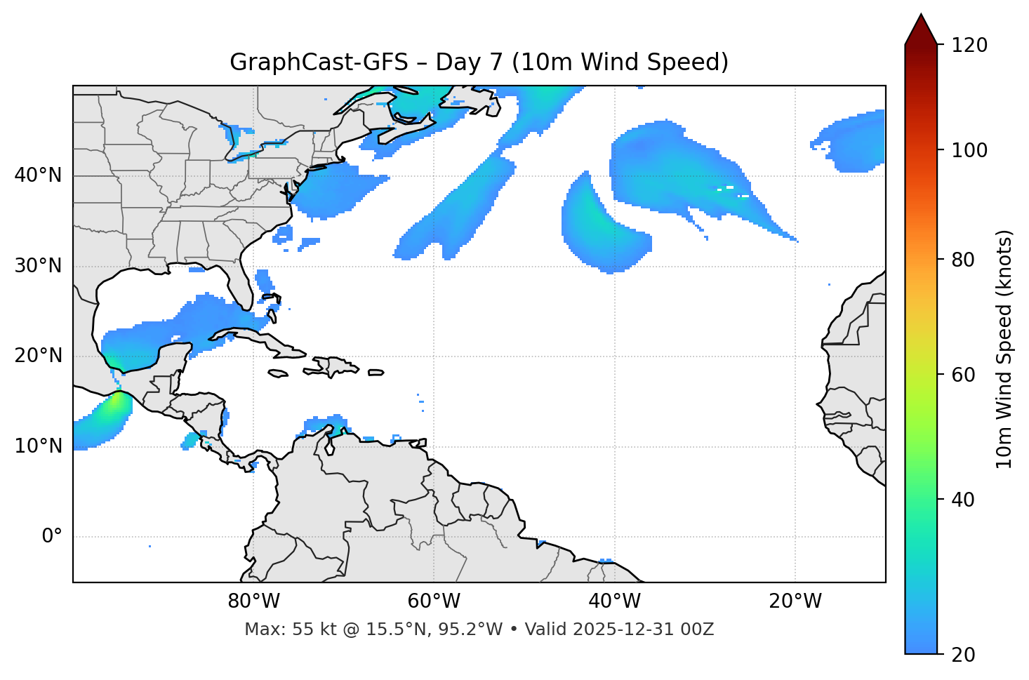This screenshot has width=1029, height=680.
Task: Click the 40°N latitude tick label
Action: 38,175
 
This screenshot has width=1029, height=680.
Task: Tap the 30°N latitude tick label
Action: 38,266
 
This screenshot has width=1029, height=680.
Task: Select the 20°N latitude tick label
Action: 38,356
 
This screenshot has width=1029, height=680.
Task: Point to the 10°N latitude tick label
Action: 38,446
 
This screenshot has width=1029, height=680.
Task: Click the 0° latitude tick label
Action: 52,537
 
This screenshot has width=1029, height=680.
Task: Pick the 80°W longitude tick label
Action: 253,601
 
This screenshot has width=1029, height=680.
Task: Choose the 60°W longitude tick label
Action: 434,601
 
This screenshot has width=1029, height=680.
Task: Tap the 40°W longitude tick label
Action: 614,601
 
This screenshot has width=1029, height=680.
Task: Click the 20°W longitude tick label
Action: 795,601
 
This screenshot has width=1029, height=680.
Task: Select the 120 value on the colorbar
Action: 969,46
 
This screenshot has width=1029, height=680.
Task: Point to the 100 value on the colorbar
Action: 969,150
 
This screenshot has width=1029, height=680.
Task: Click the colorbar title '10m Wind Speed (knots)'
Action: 1004,349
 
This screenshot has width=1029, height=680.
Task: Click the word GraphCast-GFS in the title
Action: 319,62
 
